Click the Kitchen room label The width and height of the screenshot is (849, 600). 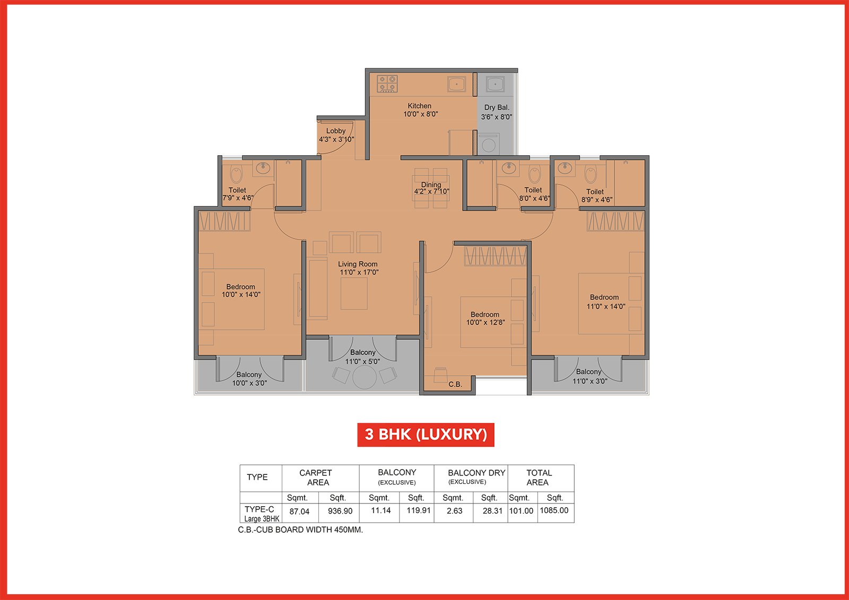[x=419, y=106]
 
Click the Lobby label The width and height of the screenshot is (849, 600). [x=336, y=131]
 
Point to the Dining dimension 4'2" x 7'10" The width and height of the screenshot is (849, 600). [x=431, y=191]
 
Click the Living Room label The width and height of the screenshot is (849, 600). [x=358, y=264]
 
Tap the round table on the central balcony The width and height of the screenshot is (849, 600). [x=364, y=377]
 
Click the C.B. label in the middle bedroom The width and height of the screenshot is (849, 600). [x=455, y=384]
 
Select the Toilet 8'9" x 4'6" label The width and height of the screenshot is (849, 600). [x=596, y=196]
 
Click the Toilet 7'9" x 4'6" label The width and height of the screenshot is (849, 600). [x=238, y=194]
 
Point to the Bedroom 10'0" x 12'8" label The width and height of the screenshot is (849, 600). [x=486, y=319]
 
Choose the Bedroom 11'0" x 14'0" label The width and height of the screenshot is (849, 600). [x=605, y=302]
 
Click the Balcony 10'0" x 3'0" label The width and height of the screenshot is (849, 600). [x=249, y=378]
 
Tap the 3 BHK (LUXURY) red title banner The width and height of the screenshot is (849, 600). [x=426, y=435]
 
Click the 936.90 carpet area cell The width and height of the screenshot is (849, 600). [x=340, y=511]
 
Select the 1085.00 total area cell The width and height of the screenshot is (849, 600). [x=554, y=510]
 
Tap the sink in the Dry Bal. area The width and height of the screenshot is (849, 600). [x=495, y=84]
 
